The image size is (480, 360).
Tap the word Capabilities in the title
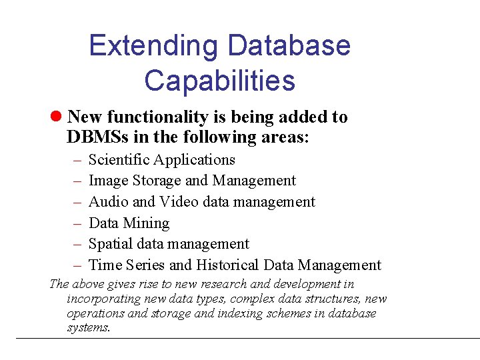(x=219, y=80)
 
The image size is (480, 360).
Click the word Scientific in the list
(x=119, y=160)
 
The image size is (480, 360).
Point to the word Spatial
(x=110, y=244)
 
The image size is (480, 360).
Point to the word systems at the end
(x=88, y=328)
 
